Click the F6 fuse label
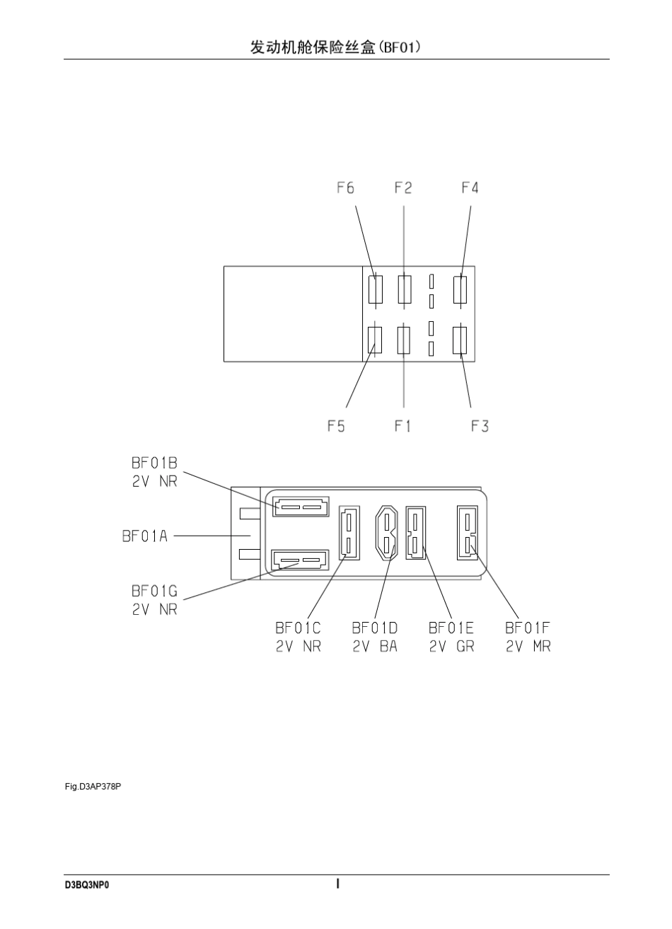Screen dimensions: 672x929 point(345,188)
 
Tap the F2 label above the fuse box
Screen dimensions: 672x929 point(403,188)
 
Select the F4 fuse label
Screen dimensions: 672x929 point(470,188)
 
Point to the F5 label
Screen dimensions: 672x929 point(336,426)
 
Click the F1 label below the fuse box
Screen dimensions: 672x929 point(402,426)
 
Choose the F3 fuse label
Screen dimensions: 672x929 point(480,426)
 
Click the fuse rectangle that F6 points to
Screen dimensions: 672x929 point(376,289)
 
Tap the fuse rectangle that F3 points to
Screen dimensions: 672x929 point(460,340)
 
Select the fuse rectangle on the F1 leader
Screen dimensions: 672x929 point(404,340)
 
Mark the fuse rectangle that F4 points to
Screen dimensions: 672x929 point(460,289)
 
